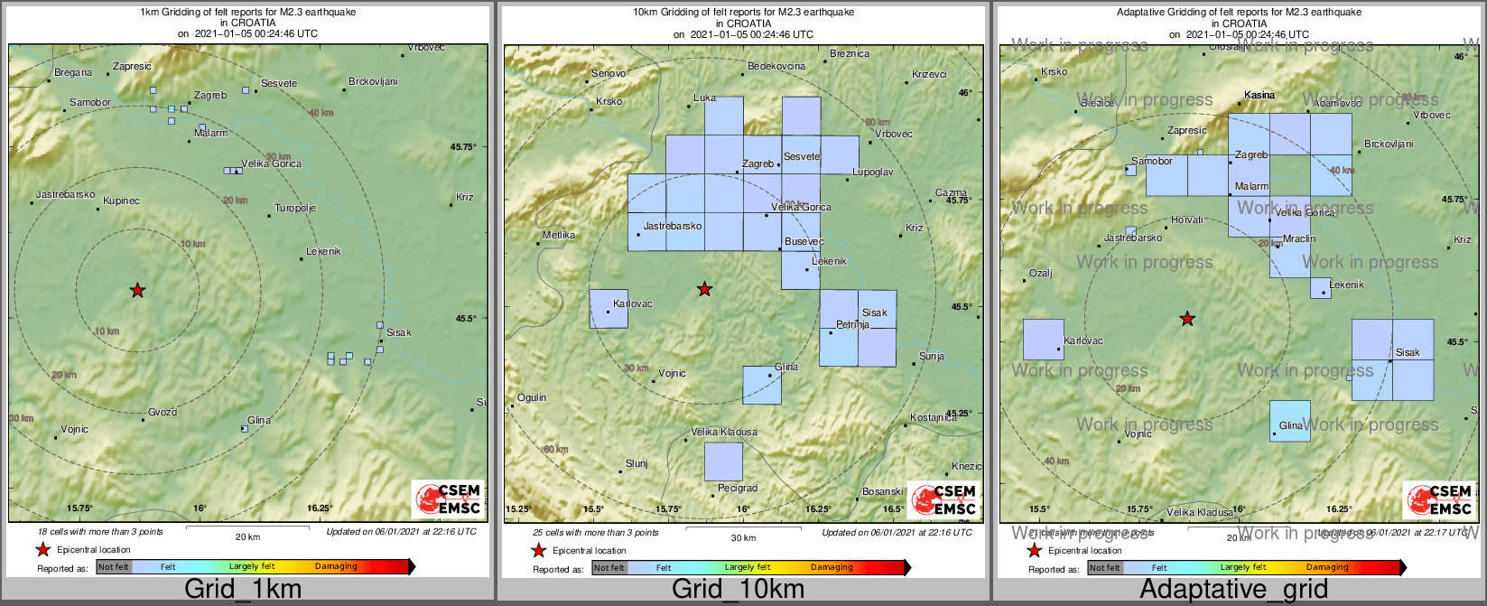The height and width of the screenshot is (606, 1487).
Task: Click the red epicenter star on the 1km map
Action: tap(137, 290)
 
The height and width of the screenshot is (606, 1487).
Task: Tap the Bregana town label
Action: tap(73, 73)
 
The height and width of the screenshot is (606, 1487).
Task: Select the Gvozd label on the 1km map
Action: tap(163, 413)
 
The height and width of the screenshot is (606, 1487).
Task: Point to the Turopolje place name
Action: tap(295, 209)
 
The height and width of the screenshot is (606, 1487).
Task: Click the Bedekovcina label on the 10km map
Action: tap(776, 67)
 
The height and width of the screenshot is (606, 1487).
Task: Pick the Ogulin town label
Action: tap(532, 398)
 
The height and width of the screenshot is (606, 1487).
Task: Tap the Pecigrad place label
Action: tap(738, 489)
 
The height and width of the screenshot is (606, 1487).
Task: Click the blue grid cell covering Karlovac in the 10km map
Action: tap(609, 309)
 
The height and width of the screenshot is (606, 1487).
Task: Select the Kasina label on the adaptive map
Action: tap(1259, 95)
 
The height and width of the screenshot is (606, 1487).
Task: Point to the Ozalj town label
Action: tap(1041, 274)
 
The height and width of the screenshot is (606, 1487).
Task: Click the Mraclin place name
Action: tap(1299, 239)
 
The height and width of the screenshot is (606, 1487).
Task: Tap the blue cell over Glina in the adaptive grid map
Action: tap(1289, 421)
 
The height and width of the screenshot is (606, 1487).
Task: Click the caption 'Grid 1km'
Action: tap(243, 590)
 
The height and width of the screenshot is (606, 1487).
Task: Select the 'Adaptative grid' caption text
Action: tap(1233, 590)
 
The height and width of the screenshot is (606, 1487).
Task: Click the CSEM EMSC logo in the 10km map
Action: tap(943, 500)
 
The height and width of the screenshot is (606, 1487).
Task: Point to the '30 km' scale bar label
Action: tap(743, 538)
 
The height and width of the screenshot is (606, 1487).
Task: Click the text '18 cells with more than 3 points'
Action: tap(100, 532)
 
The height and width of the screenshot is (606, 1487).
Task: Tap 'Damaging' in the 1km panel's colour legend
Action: tap(336, 566)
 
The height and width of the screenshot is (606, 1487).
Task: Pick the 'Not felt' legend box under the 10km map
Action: tap(609, 567)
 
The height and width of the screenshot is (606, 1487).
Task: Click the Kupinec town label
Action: tap(121, 201)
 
